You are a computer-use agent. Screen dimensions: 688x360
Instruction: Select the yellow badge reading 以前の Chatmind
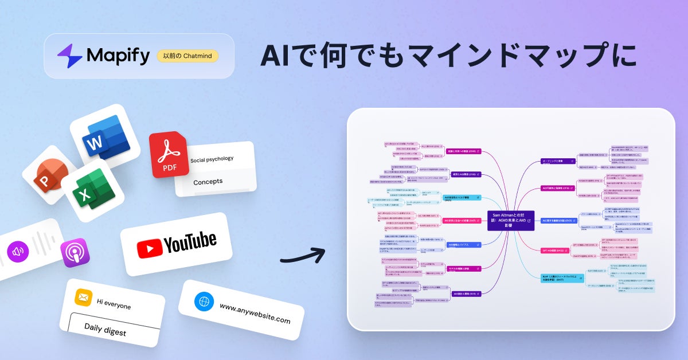[x=187, y=56]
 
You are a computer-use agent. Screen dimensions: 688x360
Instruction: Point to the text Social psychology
[x=212, y=159]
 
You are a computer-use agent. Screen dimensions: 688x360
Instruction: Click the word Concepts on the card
[x=208, y=181]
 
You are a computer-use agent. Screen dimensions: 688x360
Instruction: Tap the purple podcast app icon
[x=75, y=253]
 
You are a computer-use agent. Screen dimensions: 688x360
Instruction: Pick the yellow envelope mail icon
[x=84, y=298]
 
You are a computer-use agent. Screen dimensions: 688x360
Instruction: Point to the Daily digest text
[x=105, y=329]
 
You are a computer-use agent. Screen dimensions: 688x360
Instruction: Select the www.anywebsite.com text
[x=255, y=315]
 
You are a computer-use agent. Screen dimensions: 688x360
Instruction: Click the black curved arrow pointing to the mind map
[x=302, y=256]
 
